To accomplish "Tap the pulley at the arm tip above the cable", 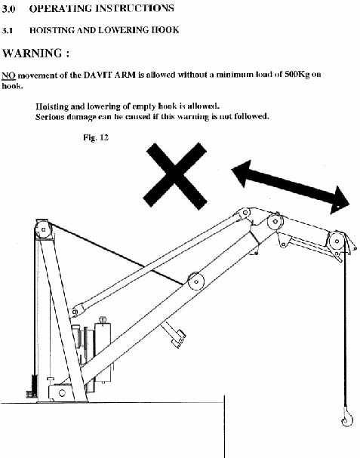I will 335,240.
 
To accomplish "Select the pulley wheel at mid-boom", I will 195,280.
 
